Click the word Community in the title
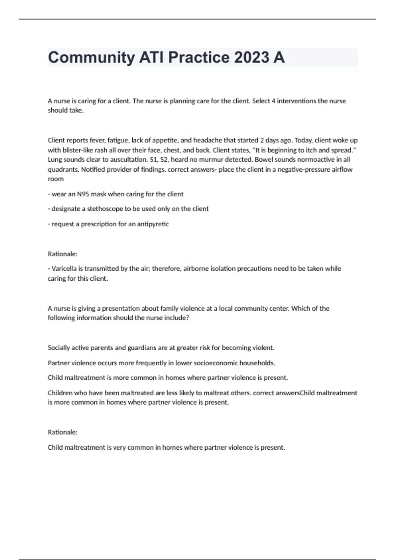coord(91,57)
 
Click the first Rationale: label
coord(63,254)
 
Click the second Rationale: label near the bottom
coord(63,432)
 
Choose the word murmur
coord(211,159)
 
